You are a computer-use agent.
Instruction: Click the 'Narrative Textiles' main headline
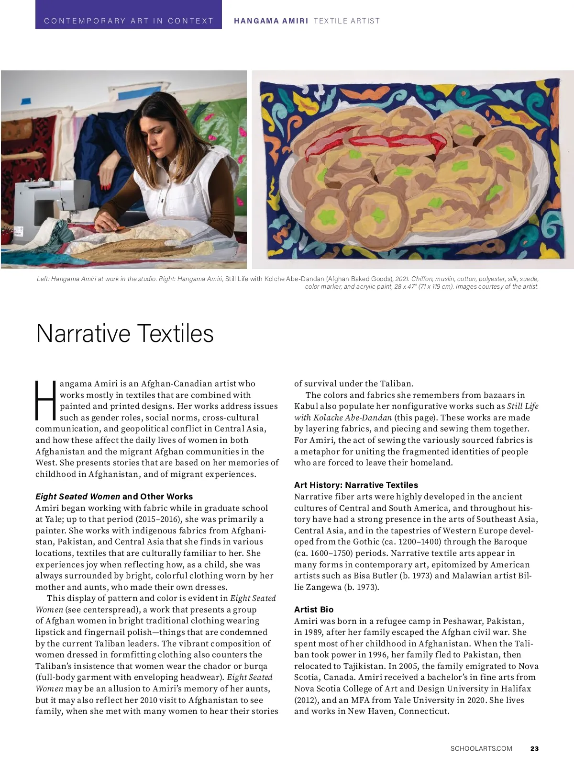pyautogui.click(x=124, y=333)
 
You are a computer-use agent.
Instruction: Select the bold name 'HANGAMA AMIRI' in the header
pyautogui.click(x=271, y=21)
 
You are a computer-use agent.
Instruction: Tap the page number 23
pyautogui.click(x=534, y=748)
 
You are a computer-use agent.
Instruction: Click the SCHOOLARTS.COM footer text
pyautogui.click(x=481, y=748)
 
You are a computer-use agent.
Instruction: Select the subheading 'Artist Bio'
pyautogui.click(x=314, y=610)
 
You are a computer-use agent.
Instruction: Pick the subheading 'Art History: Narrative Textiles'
pyautogui.click(x=356, y=485)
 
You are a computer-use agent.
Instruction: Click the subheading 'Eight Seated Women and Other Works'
pyautogui.click(x=114, y=497)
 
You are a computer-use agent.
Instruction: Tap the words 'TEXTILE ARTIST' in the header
pyautogui.click(x=347, y=21)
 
